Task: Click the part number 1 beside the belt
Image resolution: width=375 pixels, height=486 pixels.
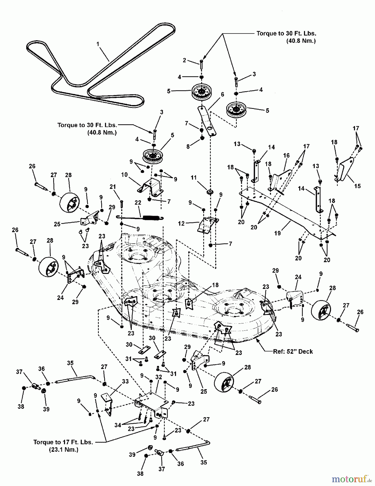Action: pyautogui.click(x=98, y=44)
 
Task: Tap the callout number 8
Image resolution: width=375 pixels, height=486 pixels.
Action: pyautogui.click(x=188, y=147)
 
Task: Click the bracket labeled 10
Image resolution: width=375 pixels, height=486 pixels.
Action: pyautogui.click(x=151, y=187)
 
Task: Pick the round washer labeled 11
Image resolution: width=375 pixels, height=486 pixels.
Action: pyautogui.click(x=210, y=192)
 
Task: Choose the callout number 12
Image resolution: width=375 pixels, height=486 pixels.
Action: pyautogui.click(x=181, y=224)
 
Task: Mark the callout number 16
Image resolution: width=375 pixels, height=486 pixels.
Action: pyautogui.click(x=286, y=156)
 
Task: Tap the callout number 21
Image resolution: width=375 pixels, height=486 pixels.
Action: pyautogui.click(x=113, y=187)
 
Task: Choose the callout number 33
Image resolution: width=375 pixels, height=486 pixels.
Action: pyautogui.click(x=125, y=382)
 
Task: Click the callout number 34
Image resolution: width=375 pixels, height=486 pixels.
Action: pyautogui.click(x=118, y=425)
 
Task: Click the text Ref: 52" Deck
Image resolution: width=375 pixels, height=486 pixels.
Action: pyautogui.click(x=293, y=352)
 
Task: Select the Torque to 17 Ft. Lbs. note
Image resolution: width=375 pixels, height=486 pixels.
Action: pyautogui.click(x=63, y=442)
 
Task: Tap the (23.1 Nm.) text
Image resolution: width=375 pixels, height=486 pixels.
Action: pyautogui.click(x=64, y=450)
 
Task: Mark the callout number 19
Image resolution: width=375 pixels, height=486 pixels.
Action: pyautogui.click(x=278, y=233)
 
